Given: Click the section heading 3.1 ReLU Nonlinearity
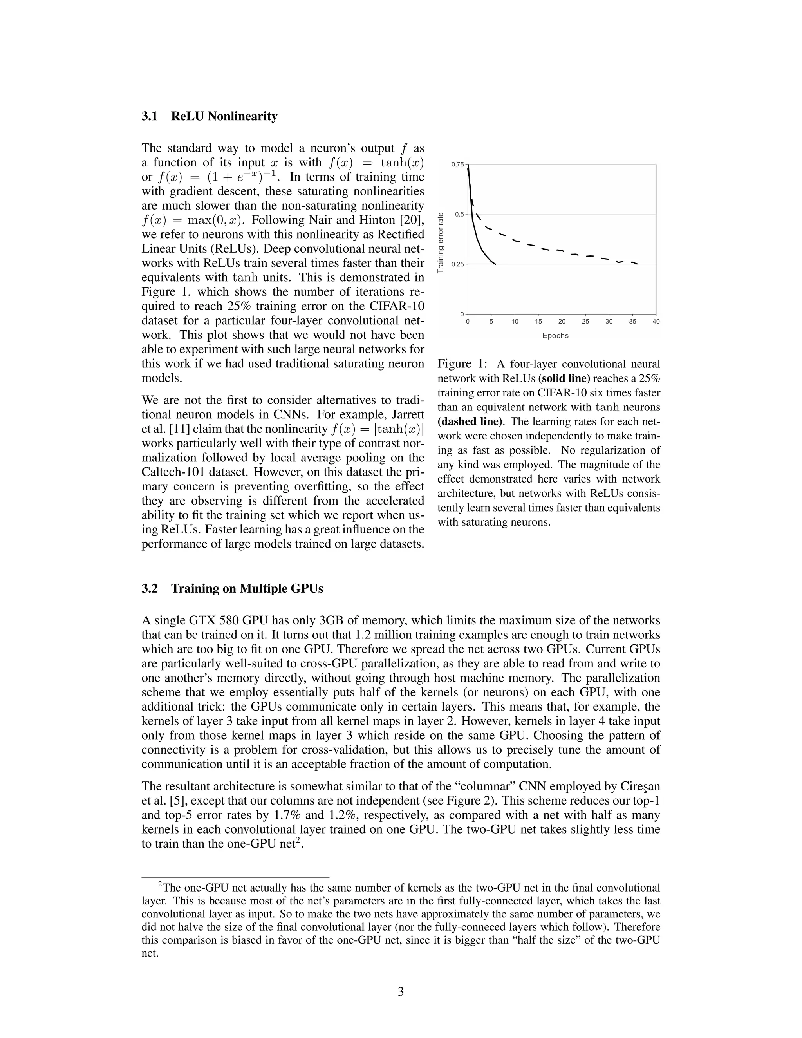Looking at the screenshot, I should pyautogui.click(x=209, y=116).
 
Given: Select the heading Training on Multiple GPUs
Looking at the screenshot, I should pyautogui.click(x=247, y=588).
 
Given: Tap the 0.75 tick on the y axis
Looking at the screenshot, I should pyautogui.click(x=457, y=165).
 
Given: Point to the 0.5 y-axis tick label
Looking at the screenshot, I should pyautogui.click(x=459, y=214).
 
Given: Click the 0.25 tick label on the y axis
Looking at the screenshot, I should pyautogui.click(x=457, y=264).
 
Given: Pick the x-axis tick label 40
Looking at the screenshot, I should pyautogui.click(x=656, y=322).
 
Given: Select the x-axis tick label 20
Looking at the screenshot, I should pyautogui.click(x=562, y=322).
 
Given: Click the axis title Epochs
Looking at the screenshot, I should pyautogui.click(x=555, y=336).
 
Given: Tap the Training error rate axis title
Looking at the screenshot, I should pyautogui.click(x=441, y=242).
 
